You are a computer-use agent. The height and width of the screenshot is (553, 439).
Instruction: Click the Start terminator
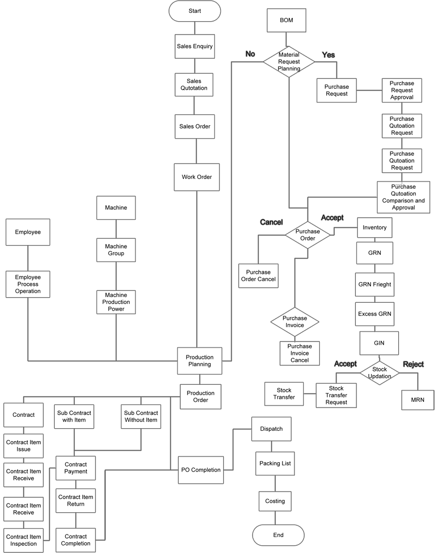point(195,11)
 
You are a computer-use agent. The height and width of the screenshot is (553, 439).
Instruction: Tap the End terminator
point(278,535)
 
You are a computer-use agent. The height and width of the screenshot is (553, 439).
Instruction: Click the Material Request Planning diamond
point(289,61)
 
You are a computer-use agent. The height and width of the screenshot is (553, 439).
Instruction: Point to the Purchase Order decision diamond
point(307,235)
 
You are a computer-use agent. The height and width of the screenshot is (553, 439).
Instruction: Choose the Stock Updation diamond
point(380,372)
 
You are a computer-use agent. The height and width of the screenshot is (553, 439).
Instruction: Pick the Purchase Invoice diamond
point(295,322)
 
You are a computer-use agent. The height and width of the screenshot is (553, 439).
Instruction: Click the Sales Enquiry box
point(195,46)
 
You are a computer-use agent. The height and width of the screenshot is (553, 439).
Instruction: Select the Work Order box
point(197,177)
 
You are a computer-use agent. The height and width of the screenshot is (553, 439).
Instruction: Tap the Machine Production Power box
point(116,302)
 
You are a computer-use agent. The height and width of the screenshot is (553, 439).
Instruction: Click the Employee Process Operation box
point(28,284)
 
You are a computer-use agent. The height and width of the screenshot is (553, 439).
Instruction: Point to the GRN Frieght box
point(374,284)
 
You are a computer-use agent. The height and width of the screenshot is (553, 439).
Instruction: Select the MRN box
point(418,400)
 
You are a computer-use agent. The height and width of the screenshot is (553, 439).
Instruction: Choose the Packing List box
point(275,463)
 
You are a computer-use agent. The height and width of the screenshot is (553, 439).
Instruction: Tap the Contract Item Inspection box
point(24,540)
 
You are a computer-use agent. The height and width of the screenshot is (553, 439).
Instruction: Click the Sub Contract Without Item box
point(141,416)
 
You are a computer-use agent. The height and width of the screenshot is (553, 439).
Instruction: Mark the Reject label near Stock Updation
point(413,364)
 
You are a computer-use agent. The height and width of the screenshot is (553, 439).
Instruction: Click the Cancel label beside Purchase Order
point(271,222)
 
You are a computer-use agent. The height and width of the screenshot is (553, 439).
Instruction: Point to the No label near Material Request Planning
point(250,54)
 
